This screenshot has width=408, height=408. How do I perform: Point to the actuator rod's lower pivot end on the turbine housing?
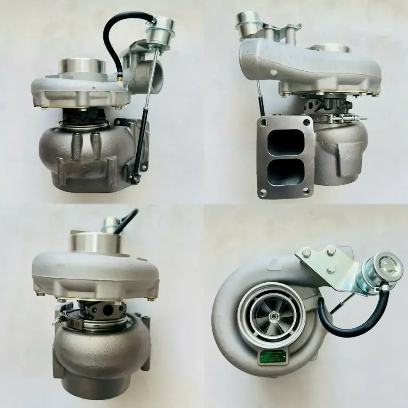(x=137, y=177)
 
